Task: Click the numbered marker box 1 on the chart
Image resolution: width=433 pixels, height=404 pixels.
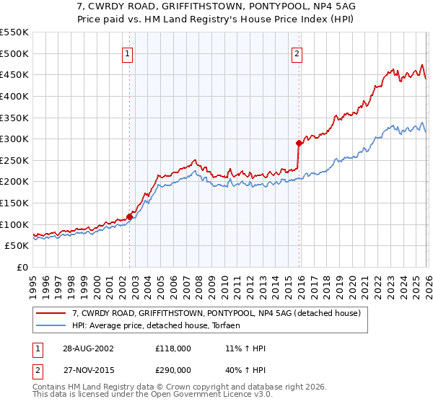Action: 127,53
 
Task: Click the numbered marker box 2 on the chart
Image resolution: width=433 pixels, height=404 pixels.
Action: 297,53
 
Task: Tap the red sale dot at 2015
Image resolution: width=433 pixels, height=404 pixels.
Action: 299,143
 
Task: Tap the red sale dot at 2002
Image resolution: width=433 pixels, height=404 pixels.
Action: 130,216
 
